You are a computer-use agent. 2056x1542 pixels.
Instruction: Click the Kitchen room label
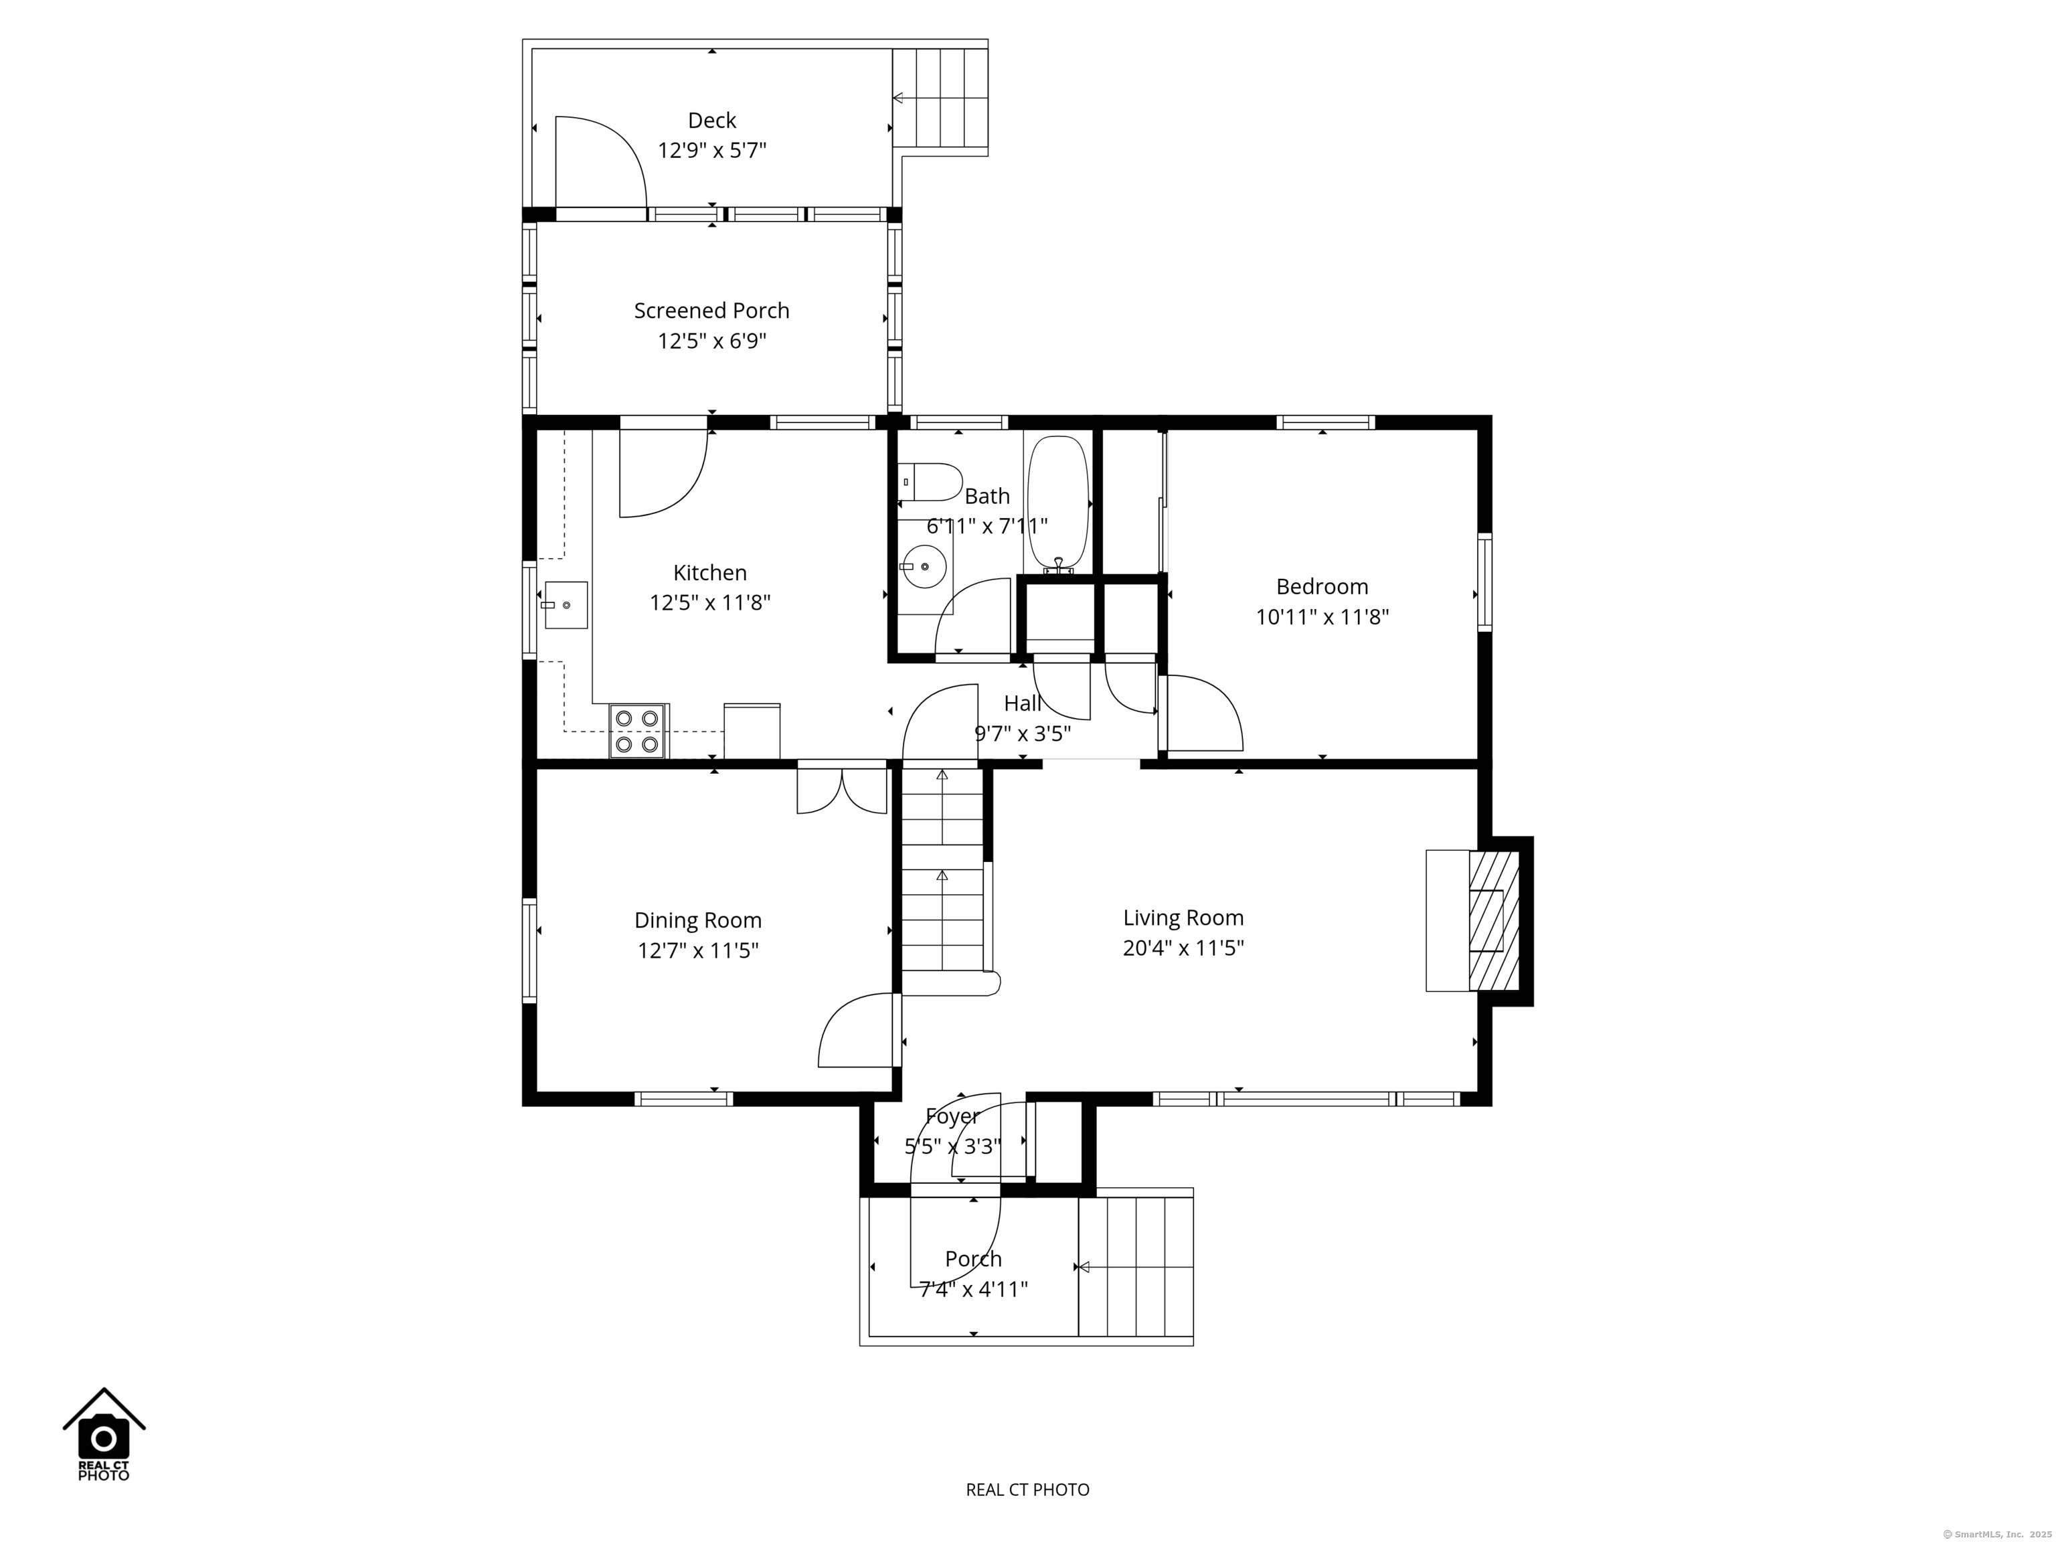709,572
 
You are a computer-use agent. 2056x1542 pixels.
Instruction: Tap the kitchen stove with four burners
638,731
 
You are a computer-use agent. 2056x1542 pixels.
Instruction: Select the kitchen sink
565,605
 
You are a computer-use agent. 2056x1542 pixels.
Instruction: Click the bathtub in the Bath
1057,502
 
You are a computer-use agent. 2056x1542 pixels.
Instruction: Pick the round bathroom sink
925,567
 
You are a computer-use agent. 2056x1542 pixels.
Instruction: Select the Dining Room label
698,920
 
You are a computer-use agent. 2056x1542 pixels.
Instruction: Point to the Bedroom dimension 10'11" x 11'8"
1322,617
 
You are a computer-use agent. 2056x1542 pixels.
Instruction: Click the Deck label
712,120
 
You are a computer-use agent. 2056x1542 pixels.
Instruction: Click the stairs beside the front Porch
1136,1266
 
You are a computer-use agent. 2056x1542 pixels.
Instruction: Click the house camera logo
104,1434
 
